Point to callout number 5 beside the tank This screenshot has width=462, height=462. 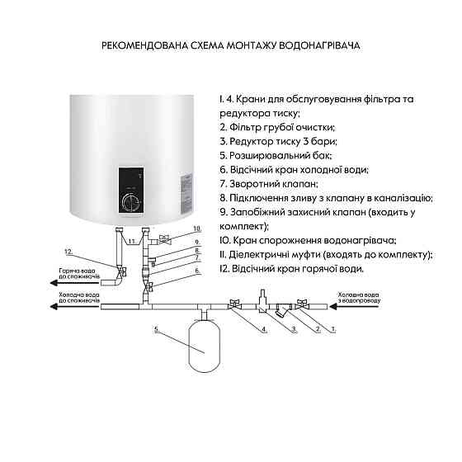tap(156, 329)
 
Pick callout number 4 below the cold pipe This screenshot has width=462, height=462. tap(263, 329)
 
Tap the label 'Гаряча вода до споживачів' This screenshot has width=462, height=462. tap(79, 275)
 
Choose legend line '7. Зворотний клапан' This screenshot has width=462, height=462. tap(269, 183)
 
